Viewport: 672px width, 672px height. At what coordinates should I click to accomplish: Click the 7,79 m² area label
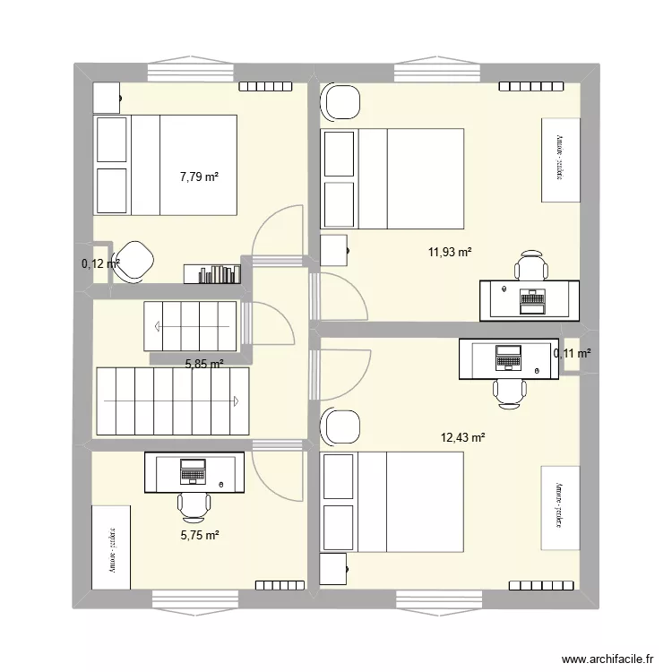(x=199, y=177)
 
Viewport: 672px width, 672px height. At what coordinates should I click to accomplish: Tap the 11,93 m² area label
(x=450, y=253)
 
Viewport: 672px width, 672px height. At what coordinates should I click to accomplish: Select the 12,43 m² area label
(x=462, y=437)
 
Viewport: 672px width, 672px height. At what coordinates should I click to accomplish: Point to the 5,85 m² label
(x=204, y=364)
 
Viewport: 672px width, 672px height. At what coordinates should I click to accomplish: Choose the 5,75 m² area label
(x=199, y=536)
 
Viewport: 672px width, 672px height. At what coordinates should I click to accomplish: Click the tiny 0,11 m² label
(x=572, y=354)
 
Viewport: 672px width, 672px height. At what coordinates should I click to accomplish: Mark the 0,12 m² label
(x=99, y=263)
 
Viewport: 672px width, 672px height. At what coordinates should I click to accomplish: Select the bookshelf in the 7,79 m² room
(x=212, y=273)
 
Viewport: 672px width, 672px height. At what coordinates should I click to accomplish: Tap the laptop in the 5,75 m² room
(x=194, y=470)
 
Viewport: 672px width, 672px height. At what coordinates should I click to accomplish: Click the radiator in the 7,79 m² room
(x=263, y=87)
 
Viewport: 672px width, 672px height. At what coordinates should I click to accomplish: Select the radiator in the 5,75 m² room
(x=278, y=586)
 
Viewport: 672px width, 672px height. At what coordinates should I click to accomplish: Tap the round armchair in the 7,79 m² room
(x=134, y=260)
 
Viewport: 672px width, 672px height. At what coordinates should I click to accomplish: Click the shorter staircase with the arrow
(x=189, y=326)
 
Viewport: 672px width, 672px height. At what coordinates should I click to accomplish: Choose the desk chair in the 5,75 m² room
(x=194, y=507)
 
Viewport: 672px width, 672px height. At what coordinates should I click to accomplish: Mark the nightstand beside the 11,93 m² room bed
(x=333, y=251)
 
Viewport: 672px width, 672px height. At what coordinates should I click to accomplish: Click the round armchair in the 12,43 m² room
(x=340, y=426)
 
